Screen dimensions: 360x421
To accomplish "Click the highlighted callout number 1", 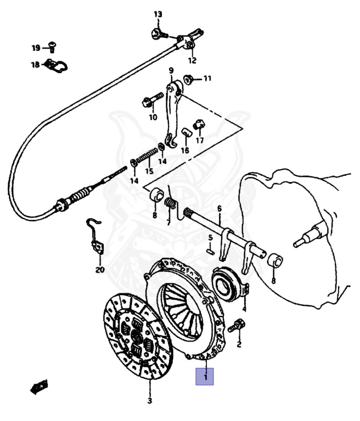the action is [205, 377].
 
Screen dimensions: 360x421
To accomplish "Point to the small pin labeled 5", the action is [210, 251].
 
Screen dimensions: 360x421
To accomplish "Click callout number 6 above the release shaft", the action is [219, 208].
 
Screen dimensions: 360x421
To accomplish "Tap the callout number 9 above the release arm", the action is [171, 70].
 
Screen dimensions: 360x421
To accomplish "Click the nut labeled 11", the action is [188, 78].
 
